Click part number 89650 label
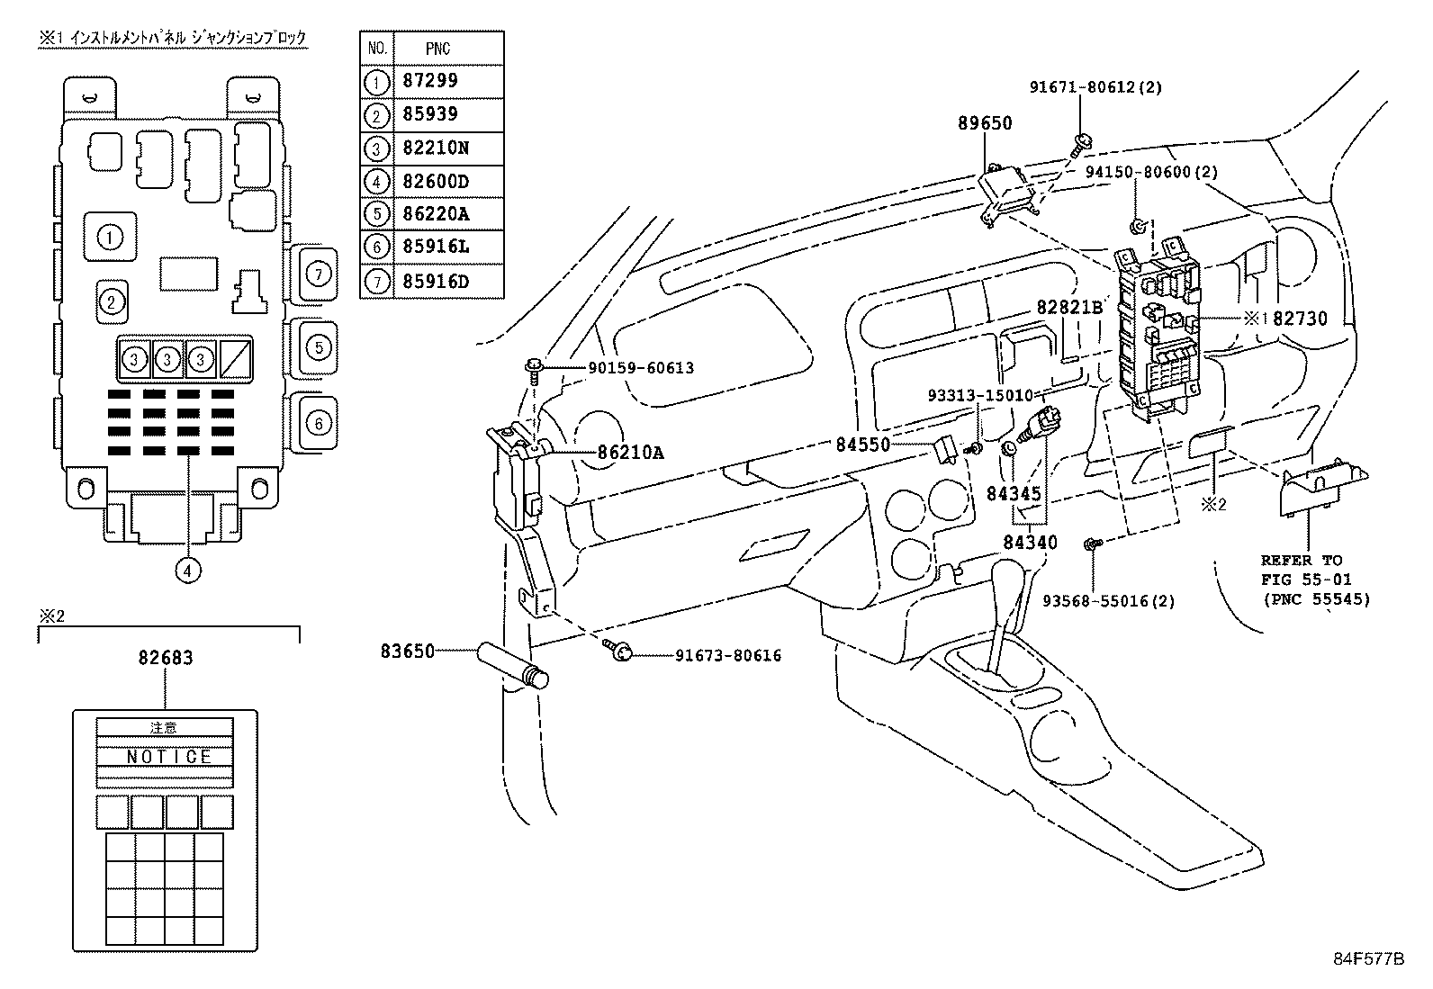[x=984, y=123]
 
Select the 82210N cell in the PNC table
[x=436, y=148]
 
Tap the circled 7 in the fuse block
[x=317, y=272]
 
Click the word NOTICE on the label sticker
[x=168, y=756]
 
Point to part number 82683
[x=166, y=658]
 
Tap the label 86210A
[x=630, y=453]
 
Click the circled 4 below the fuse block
[x=188, y=570]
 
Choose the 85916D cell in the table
[x=436, y=282]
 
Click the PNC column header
[x=437, y=49]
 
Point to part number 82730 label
[x=1300, y=319]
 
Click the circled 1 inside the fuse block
[x=110, y=238]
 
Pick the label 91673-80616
[x=728, y=656]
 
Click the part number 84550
[x=861, y=444]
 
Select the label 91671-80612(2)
[x=1095, y=87]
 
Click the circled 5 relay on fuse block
[x=317, y=346]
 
